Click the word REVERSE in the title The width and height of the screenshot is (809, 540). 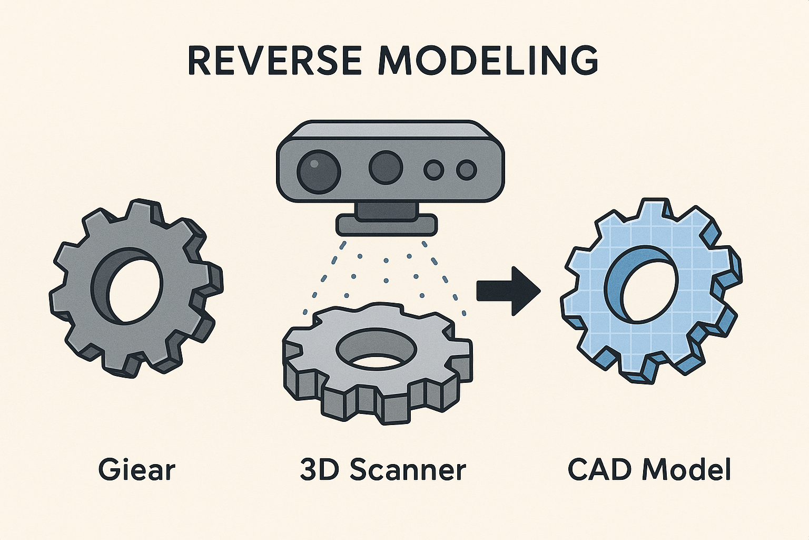(x=275, y=61)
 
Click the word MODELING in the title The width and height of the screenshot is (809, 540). (x=488, y=61)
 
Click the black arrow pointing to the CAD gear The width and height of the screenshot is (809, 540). (x=508, y=291)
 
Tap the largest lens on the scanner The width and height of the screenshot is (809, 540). (x=319, y=171)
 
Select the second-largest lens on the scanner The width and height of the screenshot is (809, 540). (x=386, y=168)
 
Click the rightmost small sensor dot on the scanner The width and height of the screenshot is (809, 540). (x=467, y=170)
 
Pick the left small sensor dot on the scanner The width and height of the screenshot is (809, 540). (x=433, y=170)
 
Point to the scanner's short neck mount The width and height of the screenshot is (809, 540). (x=387, y=210)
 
